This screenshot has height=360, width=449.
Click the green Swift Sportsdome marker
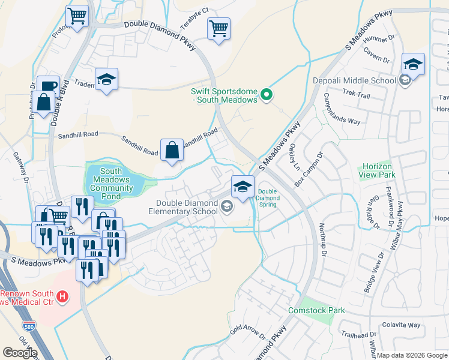[x=268, y=94]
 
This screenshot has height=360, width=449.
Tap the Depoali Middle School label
[x=354, y=80]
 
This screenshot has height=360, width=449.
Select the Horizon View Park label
[x=377, y=170]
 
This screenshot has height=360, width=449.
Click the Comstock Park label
[x=316, y=310]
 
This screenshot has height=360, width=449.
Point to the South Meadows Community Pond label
[x=111, y=180]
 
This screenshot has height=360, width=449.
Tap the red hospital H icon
[x=62, y=296]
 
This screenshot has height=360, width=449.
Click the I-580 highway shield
[x=29, y=326]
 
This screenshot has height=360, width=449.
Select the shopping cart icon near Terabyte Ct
[x=218, y=28]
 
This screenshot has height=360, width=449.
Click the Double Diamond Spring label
[x=267, y=198]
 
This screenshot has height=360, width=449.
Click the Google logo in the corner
[x=20, y=353]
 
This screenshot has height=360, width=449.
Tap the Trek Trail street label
[x=357, y=94]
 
